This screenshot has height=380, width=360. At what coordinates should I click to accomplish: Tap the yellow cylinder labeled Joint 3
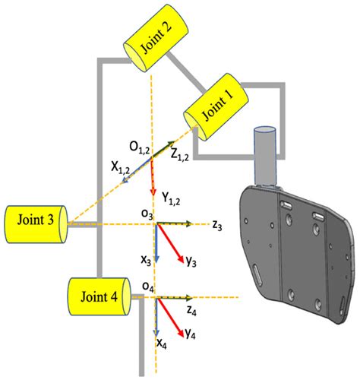[x=35, y=221]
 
